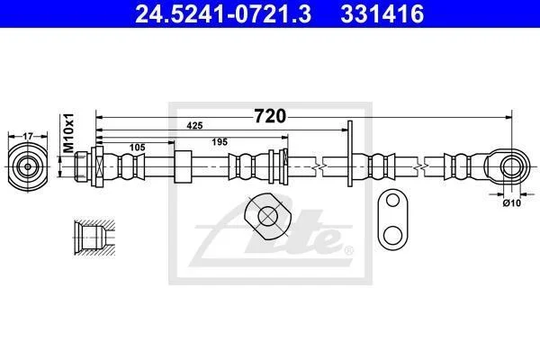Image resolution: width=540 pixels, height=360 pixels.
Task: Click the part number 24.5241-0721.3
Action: tap(223, 14)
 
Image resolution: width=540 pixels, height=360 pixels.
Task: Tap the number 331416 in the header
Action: tap(382, 14)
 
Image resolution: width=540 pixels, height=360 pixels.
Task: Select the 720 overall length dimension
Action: tap(270, 116)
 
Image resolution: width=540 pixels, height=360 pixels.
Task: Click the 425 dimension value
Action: tap(194, 126)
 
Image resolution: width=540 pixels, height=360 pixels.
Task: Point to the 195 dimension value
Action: tap(220, 141)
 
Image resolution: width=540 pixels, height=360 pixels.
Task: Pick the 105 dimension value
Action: tap(137, 148)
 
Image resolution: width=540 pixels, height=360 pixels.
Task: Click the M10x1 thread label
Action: tap(69, 133)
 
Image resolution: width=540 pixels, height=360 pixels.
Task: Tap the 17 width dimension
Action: tap(28, 137)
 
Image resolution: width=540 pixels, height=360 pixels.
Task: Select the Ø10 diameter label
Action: tap(512, 202)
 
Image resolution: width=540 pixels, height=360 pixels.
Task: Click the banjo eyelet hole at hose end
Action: tap(512, 166)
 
